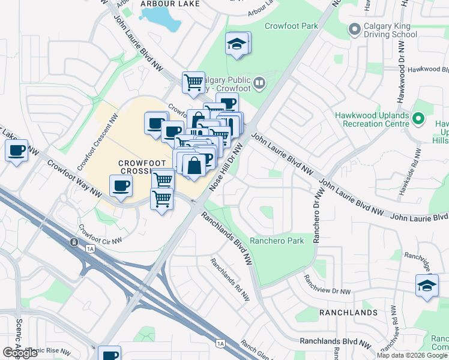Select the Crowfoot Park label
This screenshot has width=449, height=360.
291,26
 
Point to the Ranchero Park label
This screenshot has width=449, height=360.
277,240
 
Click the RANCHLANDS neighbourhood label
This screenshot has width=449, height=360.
348,313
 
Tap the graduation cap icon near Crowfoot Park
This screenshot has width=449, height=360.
237,44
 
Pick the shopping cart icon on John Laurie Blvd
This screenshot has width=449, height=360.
193,82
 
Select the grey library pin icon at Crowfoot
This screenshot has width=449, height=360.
259,82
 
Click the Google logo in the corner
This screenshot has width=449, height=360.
20,353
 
